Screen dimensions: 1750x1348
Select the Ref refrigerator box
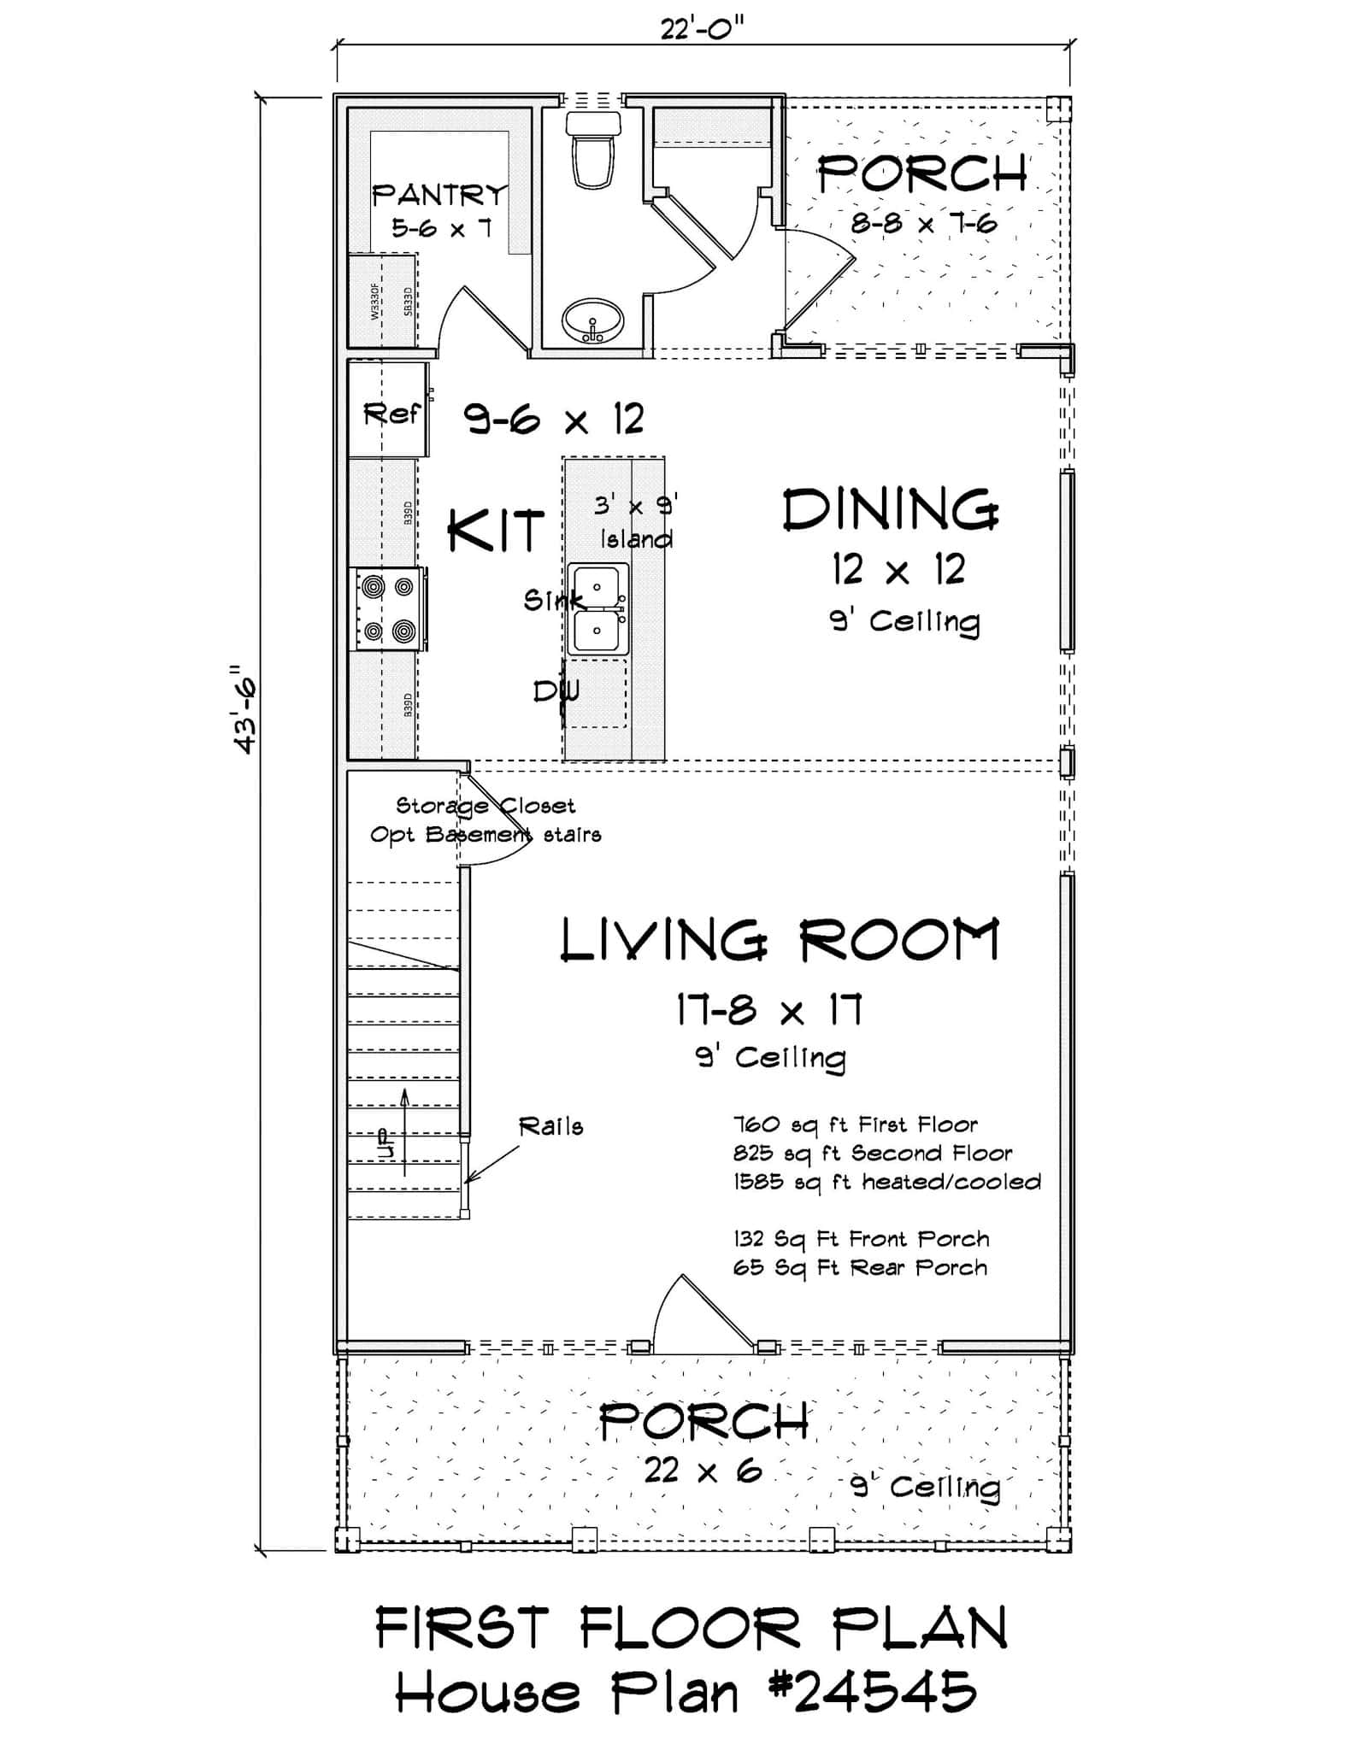click(390, 414)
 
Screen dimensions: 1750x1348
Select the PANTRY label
click(439, 196)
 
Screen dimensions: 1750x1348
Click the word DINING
click(890, 511)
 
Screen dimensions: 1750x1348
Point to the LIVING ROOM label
click(779, 941)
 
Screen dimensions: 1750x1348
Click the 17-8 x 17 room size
click(768, 1011)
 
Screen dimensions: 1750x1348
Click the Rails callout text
click(551, 1127)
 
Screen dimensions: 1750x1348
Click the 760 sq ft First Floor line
click(856, 1125)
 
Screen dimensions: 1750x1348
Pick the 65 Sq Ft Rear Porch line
click(860, 1267)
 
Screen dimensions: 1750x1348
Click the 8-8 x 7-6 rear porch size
click(924, 224)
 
